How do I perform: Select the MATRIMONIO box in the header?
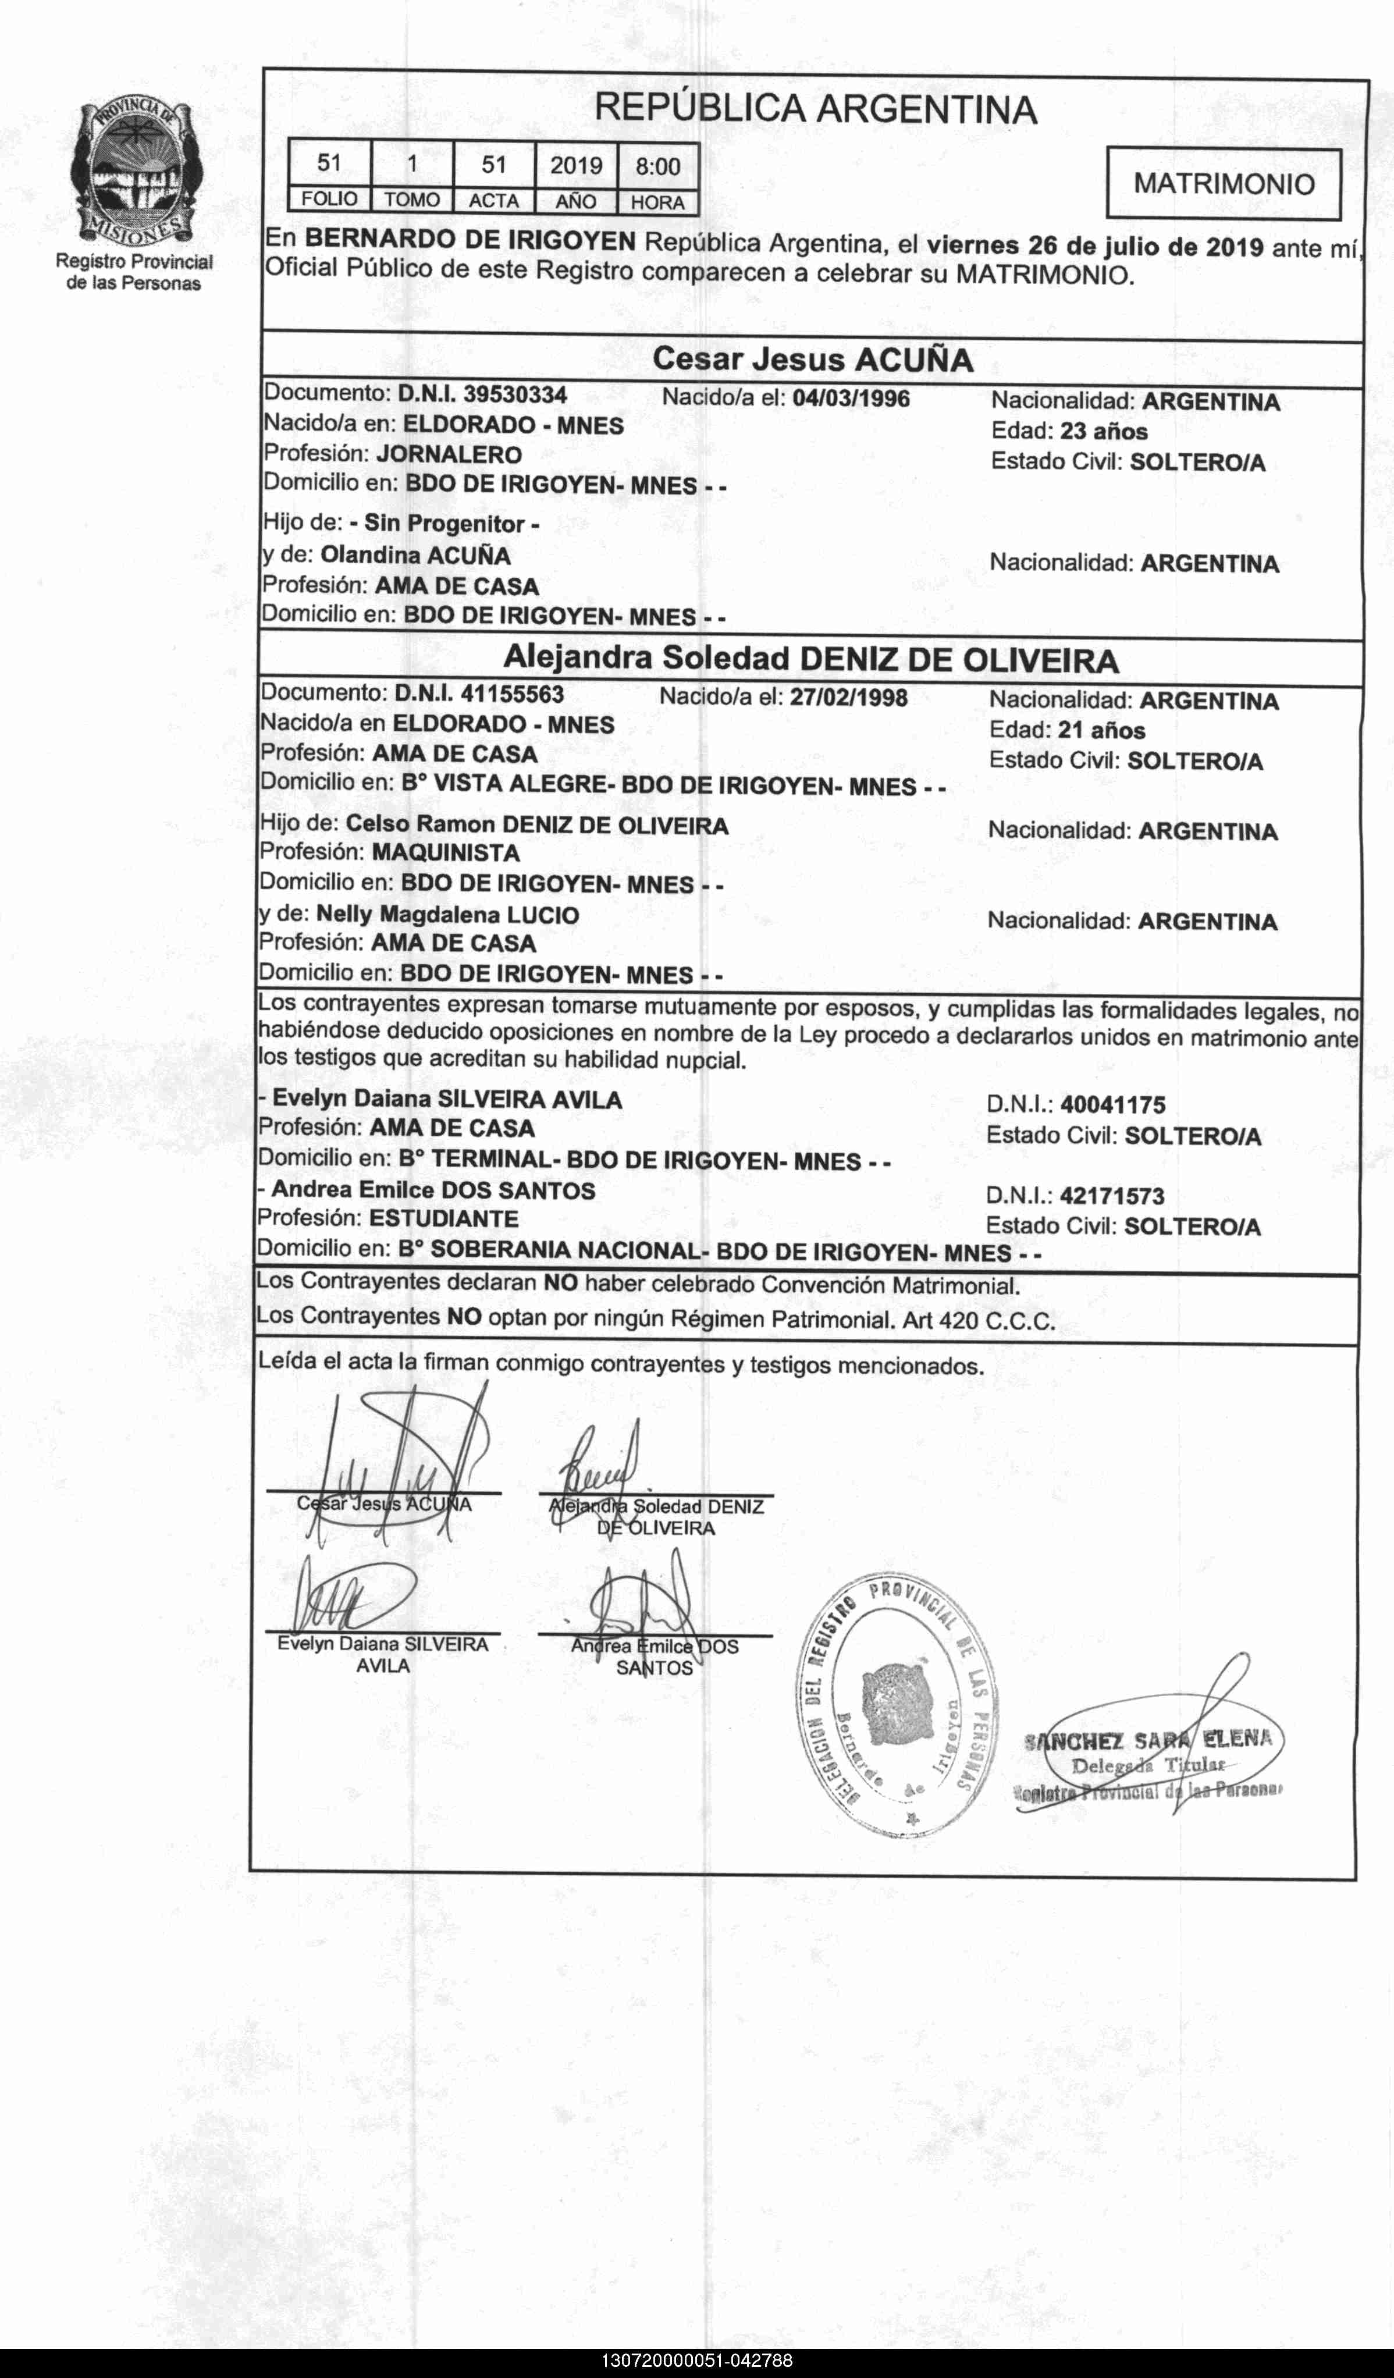click(x=1223, y=183)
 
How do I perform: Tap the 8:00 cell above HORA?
click(x=658, y=166)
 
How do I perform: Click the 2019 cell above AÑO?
click(x=576, y=166)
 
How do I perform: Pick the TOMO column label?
click(x=411, y=200)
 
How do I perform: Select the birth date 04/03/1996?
click(x=851, y=398)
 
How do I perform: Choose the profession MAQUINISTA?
click(x=446, y=853)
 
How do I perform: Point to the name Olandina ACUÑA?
click(x=415, y=555)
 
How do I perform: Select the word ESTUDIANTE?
click(x=443, y=1218)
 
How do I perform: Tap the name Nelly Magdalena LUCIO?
click(x=447, y=915)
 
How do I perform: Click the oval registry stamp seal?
click(x=898, y=1705)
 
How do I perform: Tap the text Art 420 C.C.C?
click(x=978, y=1320)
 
